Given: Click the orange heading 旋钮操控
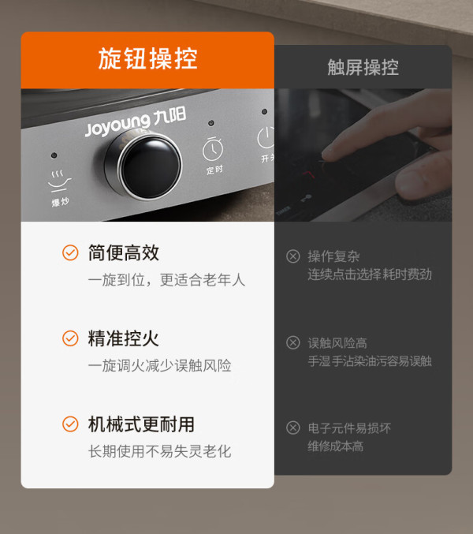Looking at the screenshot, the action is coord(147,58).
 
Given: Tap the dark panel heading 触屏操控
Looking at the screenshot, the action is coord(363,67).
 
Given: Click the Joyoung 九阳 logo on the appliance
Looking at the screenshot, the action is coord(136,121).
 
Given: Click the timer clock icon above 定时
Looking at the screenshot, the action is coord(213,150).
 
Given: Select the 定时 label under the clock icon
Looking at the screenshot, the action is coord(214,170).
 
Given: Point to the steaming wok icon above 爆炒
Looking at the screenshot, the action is coord(59,181).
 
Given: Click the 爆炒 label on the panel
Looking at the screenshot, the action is coord(60,202).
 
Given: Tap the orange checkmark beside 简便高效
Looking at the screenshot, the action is coord(70,252).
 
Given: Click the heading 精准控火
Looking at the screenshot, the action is coord(124,338).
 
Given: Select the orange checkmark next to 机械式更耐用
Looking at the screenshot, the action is coord(70,424).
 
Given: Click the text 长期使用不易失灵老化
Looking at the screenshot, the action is coord(160,451).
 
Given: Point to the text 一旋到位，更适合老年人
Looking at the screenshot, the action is coord(167,280).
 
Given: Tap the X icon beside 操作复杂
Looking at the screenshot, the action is coord(293,256).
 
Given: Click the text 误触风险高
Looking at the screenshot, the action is coord(337,343).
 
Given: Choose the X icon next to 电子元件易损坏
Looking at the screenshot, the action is coord(293,428).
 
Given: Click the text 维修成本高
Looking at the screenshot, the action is coord(336,446).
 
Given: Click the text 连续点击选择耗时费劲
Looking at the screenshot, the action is coord(370,274).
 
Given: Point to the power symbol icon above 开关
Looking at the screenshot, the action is coord(266,138).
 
